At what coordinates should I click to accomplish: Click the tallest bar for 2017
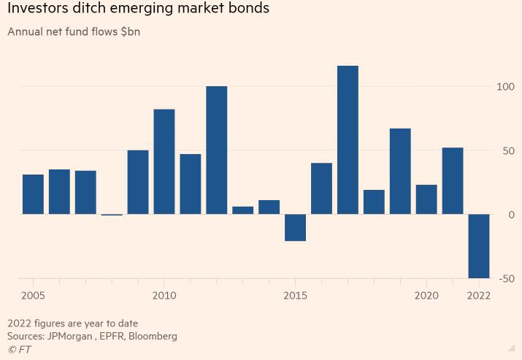coord(348,139)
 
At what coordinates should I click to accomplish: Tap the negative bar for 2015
coord(295,227)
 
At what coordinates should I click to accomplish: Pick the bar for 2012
coord(217,150)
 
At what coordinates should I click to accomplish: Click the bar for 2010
coord(164,161)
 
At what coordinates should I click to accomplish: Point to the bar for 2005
coord(33,194)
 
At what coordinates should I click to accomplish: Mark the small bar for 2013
coord(243,210)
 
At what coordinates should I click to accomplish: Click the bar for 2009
coord(138,182)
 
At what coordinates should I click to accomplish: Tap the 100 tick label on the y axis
coord(504,87)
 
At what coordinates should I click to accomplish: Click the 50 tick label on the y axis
coord(507,151)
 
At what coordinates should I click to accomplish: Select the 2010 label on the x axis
coord(164,296)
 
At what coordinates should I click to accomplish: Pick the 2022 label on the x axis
coord(478,296)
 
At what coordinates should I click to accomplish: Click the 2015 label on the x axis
coord(295,296)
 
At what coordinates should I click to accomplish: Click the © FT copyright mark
coord(19,349)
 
